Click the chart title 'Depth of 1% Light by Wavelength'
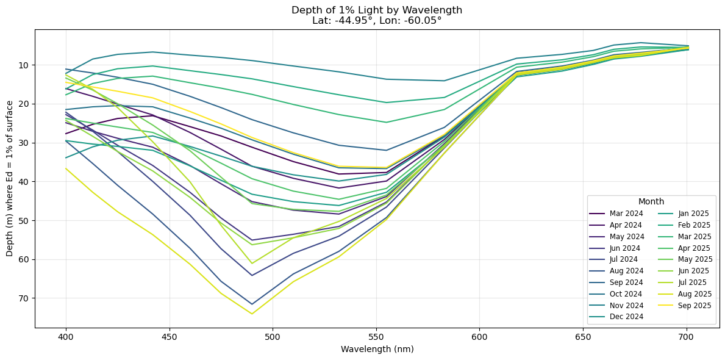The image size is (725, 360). click(377, 10)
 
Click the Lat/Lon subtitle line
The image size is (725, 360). click(377, 20)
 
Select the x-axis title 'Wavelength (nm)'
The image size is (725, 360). click(377, 349)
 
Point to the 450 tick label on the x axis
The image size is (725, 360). click(169, 336)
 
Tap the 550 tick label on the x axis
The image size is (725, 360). click(376, 336)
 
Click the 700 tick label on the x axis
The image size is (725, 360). click(687, 336)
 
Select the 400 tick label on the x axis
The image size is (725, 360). click(66, 336)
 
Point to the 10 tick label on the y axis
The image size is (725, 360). click(24, 65)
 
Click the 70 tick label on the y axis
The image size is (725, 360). click(24, 298)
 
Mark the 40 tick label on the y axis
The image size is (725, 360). click(24, 182)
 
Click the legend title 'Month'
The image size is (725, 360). click(651, 201)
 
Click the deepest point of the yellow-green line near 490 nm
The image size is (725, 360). click(252, 314)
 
